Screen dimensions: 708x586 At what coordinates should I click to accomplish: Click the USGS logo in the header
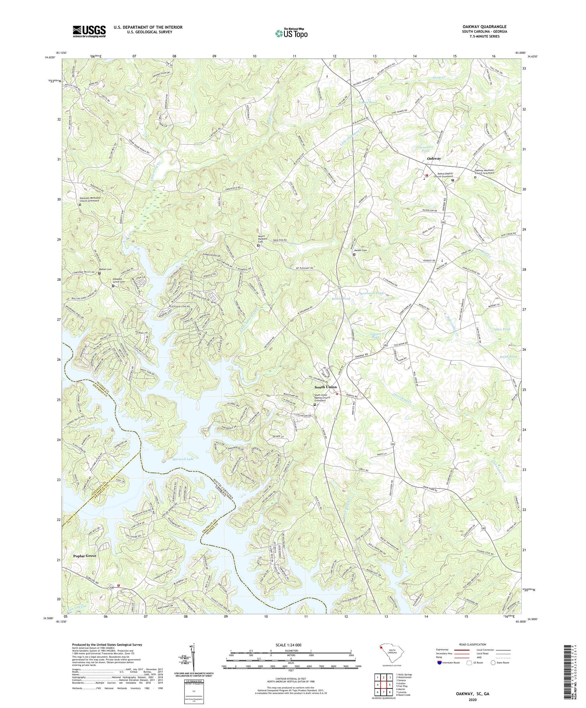tap(89, 31)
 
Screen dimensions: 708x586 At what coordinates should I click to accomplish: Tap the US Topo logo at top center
tap(291, 33)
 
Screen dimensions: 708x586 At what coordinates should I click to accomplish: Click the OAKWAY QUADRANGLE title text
tap(484, 27)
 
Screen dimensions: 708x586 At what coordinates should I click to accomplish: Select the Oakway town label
tap(434, 159)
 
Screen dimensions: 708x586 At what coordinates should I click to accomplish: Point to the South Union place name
tap(326, 387)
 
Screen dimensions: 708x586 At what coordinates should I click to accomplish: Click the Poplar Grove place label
tap(85, 555)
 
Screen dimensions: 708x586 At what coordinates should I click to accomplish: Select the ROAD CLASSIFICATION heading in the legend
tap(473, 644)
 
